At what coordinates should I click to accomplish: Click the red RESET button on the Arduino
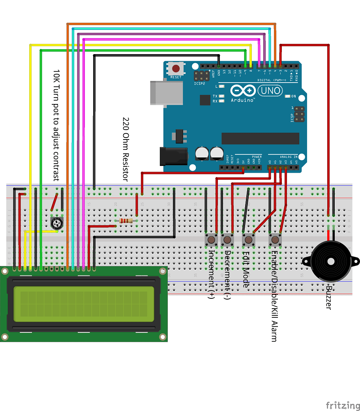coord(176,68)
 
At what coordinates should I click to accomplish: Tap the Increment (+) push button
coord(212,239)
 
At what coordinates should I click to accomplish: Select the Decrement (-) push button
coord(227,239)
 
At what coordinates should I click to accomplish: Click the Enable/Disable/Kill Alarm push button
coord(275,239)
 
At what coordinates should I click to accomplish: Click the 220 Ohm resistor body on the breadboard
coord(126,221)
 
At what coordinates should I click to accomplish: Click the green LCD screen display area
coord(84,304)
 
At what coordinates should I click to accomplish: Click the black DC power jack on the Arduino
coord(173,156)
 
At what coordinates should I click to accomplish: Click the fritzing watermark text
coord(343,405)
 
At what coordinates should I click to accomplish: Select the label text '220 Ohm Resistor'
coord(126,149)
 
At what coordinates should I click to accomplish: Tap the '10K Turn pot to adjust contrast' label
coord(56,126)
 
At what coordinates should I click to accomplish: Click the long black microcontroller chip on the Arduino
coord(260,138)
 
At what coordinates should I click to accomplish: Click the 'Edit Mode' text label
coord(246,269)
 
